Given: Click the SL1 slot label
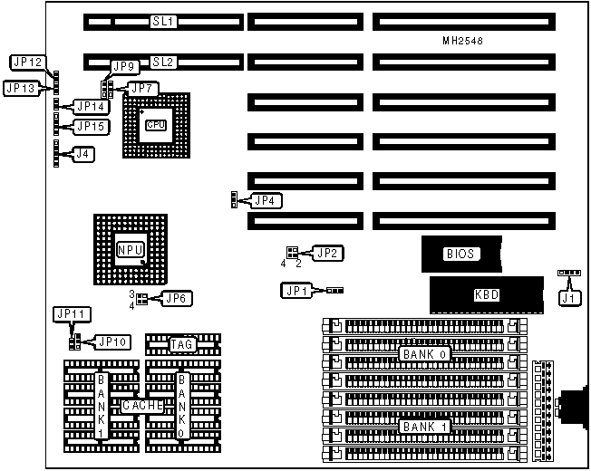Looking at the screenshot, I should (164, 20).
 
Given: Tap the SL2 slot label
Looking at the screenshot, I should (164, 62).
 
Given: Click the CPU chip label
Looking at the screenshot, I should (156, 124).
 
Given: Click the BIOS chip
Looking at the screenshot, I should (460, 255).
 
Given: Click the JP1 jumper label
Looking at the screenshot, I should (297, 290).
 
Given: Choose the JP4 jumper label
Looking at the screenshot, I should (266, 199).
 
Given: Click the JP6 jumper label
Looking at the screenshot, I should (175, 297).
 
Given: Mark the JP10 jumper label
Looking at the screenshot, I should (113, 341).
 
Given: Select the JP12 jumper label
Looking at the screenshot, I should (27, 62).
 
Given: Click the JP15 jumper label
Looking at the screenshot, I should (92, 127).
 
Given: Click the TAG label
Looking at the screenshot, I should (182, 344).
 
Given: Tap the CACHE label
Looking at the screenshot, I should (142, 407).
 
